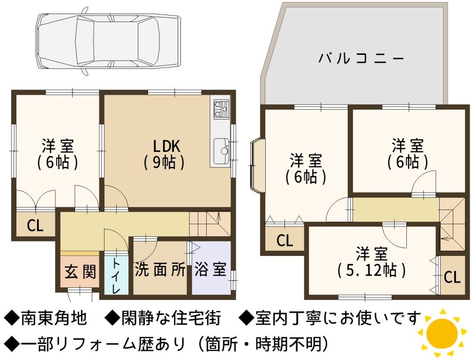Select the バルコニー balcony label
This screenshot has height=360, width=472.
(x=361, y=58)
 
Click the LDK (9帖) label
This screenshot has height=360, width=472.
(x=165, y=154)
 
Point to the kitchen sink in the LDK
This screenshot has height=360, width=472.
(x=221, y=151)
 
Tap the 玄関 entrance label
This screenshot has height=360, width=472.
(x=80, y=272)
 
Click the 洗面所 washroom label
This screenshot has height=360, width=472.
(x=160, y=270)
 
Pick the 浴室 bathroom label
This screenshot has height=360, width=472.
(x=210, y=269)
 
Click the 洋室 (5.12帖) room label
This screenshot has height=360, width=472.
(x=371, y=262)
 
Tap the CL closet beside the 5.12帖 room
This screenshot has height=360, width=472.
(x=452, y=277)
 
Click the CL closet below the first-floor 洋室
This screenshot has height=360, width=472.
(x=36, y=225)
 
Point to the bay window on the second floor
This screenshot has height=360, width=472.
(x=257, y=165)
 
